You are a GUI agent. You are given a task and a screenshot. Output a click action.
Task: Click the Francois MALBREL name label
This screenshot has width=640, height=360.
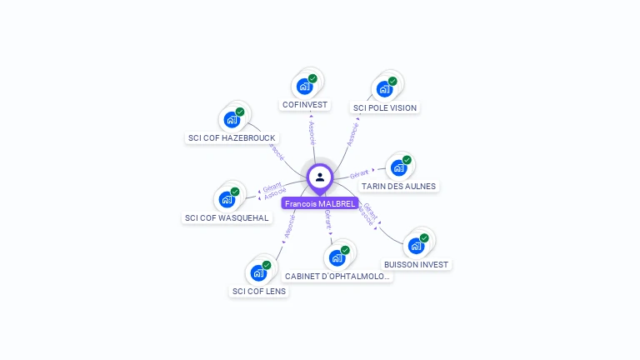pos(320,203)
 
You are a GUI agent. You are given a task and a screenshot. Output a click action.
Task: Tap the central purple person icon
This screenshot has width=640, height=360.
pos(320,177)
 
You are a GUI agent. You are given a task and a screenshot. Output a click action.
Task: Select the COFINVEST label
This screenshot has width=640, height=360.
pos(305,105)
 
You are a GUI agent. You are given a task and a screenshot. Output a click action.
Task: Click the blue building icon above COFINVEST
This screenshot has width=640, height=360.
pos(305,86)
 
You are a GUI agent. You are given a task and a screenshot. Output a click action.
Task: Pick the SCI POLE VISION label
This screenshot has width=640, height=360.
pos(385,107)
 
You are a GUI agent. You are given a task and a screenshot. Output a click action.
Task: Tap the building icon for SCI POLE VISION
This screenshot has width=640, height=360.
pos(384,88)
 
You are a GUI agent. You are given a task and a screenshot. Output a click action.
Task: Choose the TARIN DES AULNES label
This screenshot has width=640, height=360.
pos(398,186)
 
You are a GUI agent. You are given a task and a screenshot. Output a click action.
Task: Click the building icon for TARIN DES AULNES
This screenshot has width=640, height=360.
pos(398,167)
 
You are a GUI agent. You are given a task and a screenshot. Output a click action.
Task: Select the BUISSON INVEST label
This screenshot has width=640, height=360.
pos(416,264)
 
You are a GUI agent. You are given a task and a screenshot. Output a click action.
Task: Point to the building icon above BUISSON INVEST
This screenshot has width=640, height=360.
pos(416,246)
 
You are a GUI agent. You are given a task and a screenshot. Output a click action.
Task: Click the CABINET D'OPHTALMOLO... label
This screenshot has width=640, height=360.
pos(337,276)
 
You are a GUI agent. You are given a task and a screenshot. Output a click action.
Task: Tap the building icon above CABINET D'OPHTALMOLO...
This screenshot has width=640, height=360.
pos(337,257)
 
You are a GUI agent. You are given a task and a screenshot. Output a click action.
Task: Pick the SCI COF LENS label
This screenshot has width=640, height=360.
pos(259,291)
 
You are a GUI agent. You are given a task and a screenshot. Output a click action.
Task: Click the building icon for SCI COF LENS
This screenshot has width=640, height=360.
pos(258,272)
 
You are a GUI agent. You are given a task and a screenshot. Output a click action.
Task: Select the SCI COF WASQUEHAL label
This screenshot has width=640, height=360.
pos(227,217)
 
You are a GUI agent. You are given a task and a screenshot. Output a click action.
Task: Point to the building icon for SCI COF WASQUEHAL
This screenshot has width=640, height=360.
pos(227,199)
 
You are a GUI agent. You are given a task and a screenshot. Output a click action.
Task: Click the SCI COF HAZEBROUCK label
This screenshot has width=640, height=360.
pos(232,137)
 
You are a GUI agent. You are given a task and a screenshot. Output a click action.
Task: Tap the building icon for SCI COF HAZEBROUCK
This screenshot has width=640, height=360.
pos(232,119)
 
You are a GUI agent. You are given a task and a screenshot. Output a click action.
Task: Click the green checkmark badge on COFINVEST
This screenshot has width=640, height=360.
pos(313,78)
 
